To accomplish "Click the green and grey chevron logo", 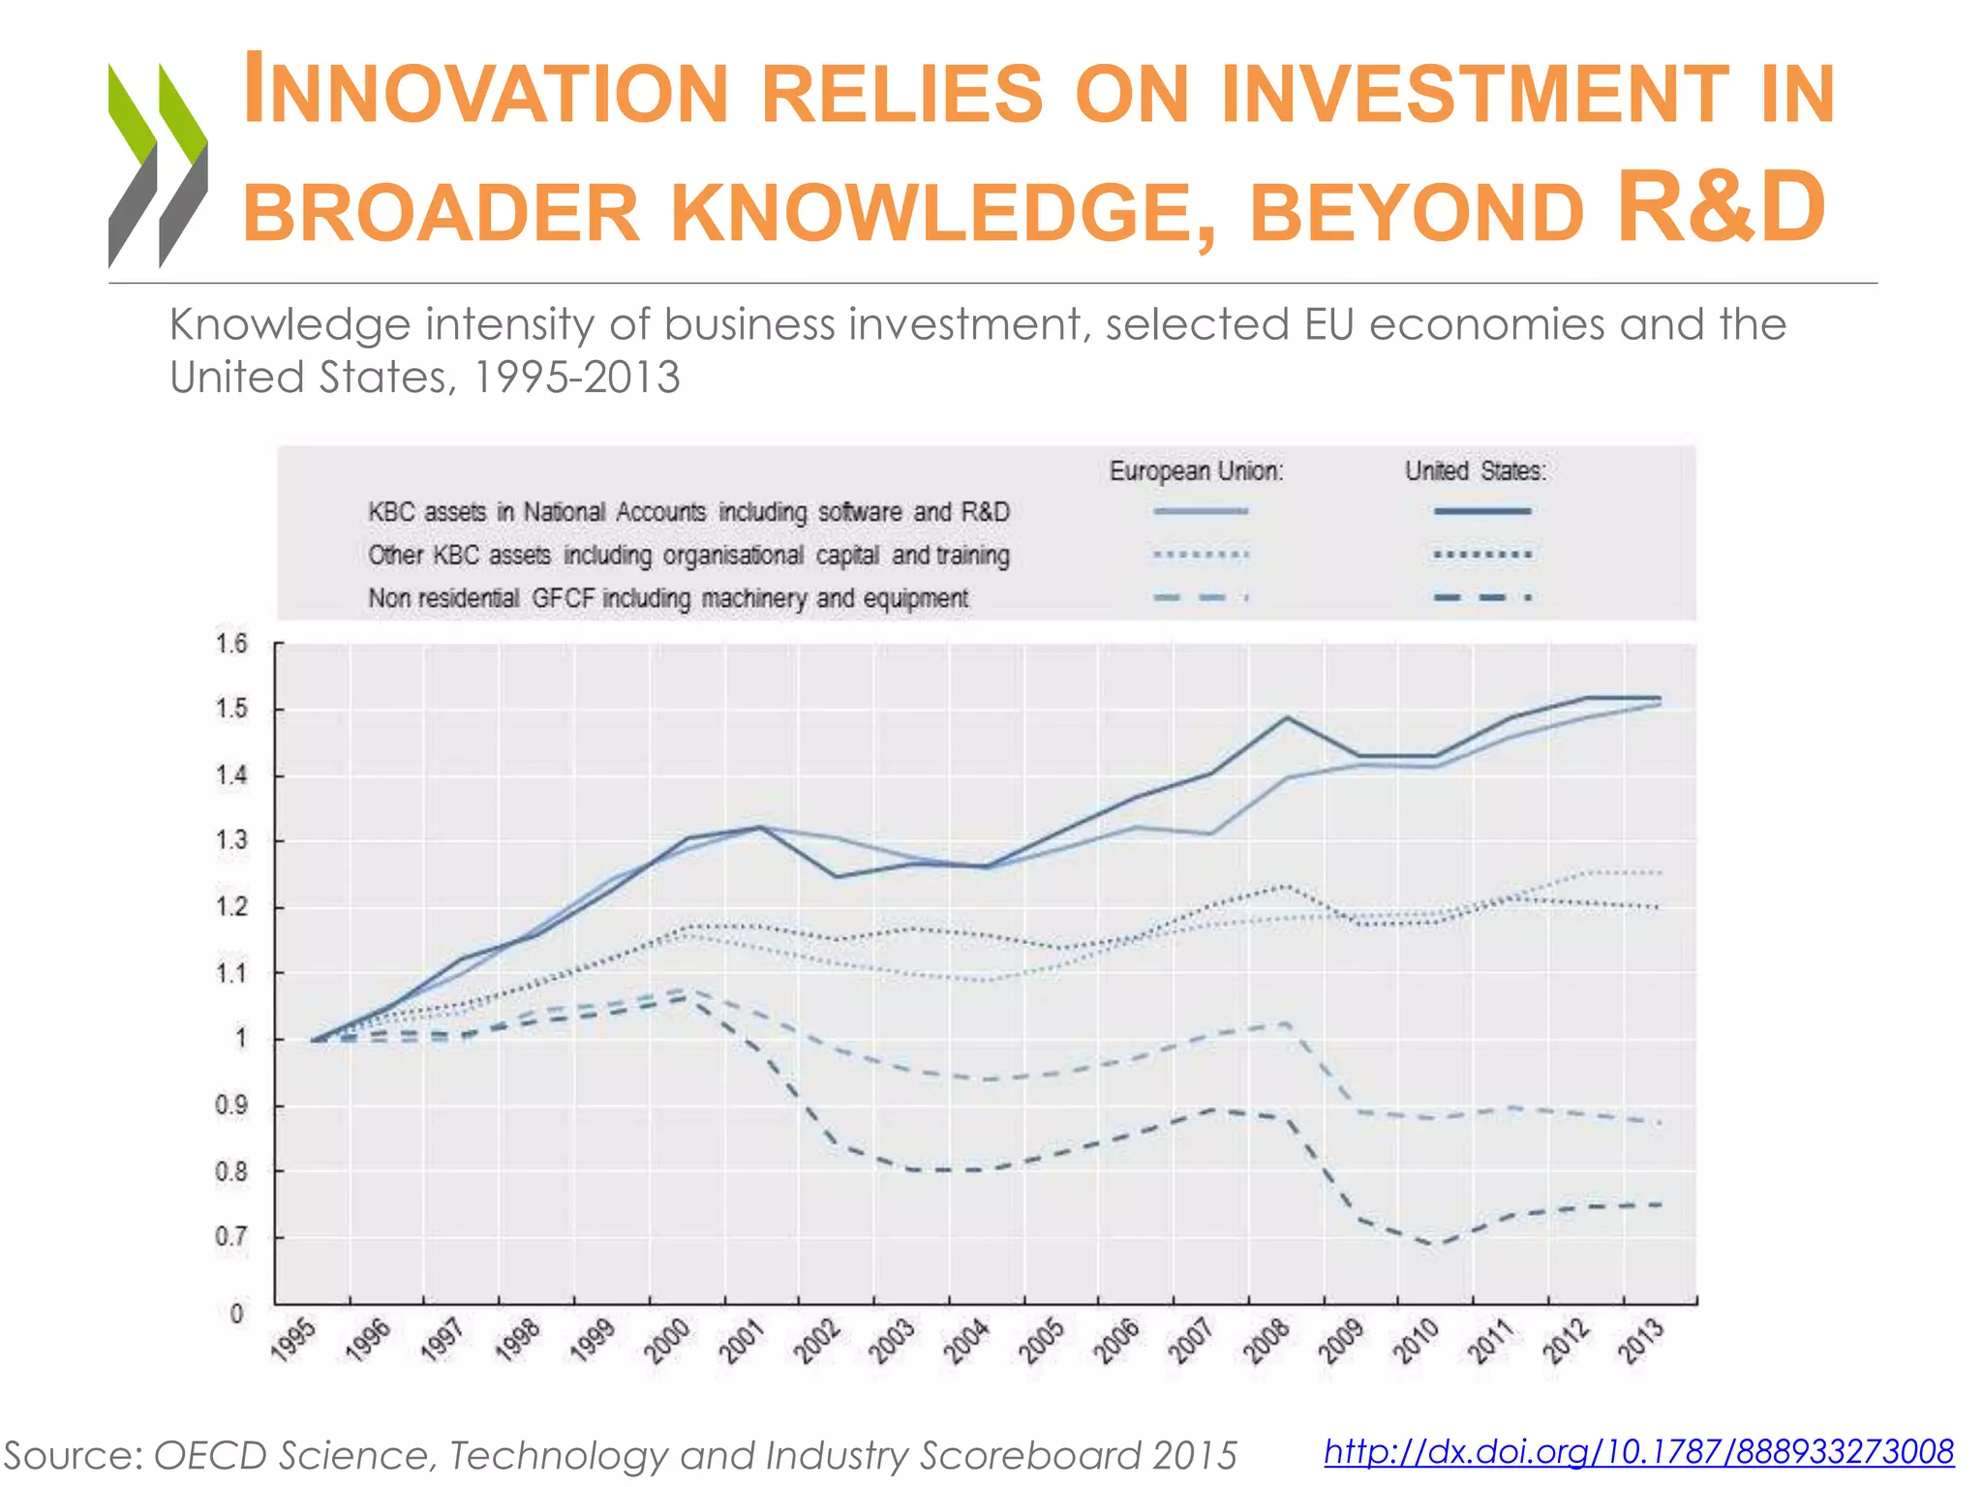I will click(x=158, y=165).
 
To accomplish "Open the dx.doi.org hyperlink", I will click(x=1638, y=1451).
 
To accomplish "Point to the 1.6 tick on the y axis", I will click(x=231, y=644).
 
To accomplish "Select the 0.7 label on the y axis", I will click(x=231, y=1237).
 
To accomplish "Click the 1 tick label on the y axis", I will click(x=240, y=1039).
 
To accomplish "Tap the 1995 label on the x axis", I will click(x=293, y=1340).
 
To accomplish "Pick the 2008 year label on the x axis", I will click(x=1266, y=1340).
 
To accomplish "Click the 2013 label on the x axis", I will click(x=1643, y=1340).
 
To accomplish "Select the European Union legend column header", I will click(x=1196, y=471).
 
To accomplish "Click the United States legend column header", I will click(x=1476, y=471).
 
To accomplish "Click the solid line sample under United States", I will click(x=1481, y=511).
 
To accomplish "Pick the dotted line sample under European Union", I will click(x=1201, y=555).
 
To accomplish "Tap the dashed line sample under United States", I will click(x=1481, y=597).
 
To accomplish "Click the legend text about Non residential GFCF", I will click(x=668, y=598).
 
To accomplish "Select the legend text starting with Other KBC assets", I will click(x=688, y=556).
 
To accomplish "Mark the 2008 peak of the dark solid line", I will click(x=1287, y=717).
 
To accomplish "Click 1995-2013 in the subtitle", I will click(x=576, y=378).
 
